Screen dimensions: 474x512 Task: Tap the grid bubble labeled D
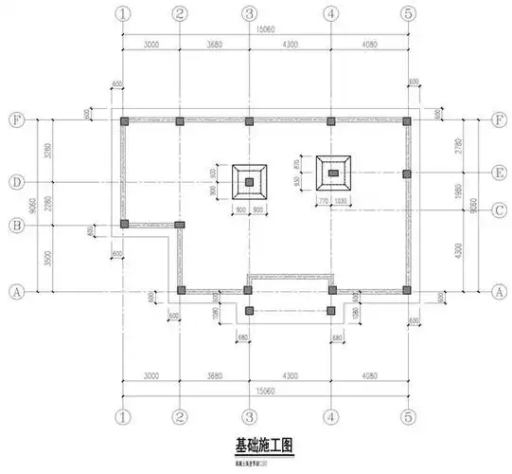[16, 181]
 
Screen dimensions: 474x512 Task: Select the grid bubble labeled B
[16, 225]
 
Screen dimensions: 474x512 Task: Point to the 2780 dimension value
[459, 147]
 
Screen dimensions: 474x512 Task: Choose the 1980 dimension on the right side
[459, 191]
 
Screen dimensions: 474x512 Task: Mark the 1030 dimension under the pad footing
[340, 202]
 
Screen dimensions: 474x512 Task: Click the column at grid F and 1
[125, 121]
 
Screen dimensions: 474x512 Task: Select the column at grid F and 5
[407, 121]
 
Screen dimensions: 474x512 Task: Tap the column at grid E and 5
[407, 173]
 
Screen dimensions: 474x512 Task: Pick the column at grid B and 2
[180, 225]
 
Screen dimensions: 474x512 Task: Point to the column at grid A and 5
[407, 290]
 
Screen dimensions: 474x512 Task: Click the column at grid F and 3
[249, 121]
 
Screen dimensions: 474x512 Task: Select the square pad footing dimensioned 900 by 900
[250, 181]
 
